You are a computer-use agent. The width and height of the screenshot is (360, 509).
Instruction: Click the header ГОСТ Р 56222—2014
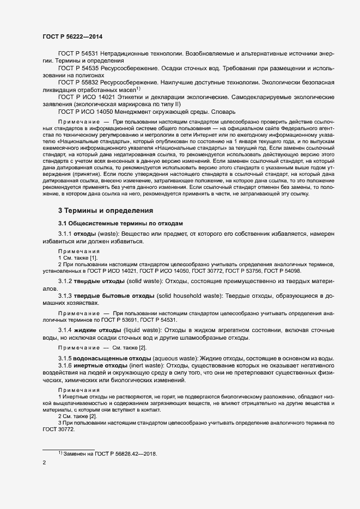(x=72, y=36)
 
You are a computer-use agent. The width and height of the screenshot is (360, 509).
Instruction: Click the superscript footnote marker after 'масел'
(x=138, y=88)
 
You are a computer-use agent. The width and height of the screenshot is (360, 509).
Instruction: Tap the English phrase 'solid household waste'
(x=188, y=296)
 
